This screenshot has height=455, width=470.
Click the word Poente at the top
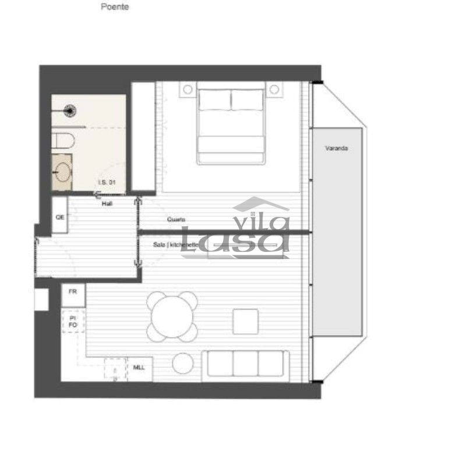pos(115,8)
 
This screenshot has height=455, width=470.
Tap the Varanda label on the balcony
pos(337,149)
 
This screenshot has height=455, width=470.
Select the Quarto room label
pos(176,220)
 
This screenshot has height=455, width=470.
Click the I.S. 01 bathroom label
pos(107,182)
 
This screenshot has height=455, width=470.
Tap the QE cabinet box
pos(59,216)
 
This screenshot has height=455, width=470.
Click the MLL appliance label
pos(139,368)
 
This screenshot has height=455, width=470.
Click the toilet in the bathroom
pos(62,140)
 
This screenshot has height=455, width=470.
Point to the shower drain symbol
pos(71,108)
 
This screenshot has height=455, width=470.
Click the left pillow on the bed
pos(214,99)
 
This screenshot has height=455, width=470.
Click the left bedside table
pos(187,90)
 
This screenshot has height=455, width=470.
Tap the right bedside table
pos(274,90)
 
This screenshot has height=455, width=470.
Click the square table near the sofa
pos(246,322)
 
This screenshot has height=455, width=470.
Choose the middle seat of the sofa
pos(245,364)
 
